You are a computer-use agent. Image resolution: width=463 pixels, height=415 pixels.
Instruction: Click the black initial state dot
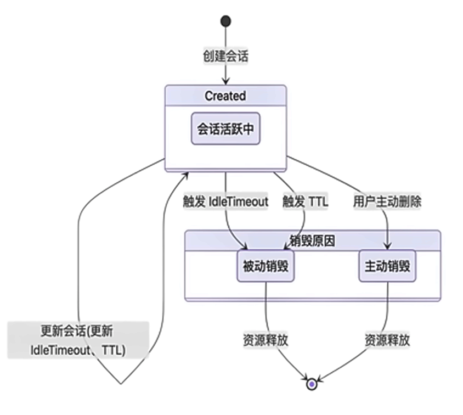point(225,21)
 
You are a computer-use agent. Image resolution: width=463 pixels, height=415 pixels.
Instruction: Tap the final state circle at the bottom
point(312,384)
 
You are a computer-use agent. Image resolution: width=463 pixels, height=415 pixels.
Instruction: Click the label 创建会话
point(225,55)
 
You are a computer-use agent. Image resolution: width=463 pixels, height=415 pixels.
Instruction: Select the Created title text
point(225,96)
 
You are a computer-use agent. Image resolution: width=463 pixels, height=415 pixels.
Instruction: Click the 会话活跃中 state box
point(225,129)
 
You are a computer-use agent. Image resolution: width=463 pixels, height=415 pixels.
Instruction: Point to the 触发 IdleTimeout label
point(225,202)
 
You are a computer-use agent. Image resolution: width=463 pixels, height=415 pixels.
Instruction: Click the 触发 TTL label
point(305,202)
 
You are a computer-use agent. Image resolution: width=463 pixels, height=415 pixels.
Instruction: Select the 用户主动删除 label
point(387,202)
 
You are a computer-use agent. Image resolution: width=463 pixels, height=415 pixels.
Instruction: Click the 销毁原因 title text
point(312,240)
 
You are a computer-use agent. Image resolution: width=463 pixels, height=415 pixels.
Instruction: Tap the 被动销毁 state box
point(266,267)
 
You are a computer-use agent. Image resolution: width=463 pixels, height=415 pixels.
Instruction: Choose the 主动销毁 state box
point(387,267)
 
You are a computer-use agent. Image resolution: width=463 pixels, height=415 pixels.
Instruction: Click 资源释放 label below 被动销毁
point(266,340)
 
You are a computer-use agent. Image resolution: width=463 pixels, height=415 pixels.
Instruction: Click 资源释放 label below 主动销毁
point(387,340)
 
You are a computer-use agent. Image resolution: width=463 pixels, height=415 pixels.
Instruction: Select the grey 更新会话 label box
point(78,340)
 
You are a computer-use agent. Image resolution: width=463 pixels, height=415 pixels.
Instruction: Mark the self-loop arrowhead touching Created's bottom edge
point(185,175)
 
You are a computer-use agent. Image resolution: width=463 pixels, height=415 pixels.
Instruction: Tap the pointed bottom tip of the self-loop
point(120,383)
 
